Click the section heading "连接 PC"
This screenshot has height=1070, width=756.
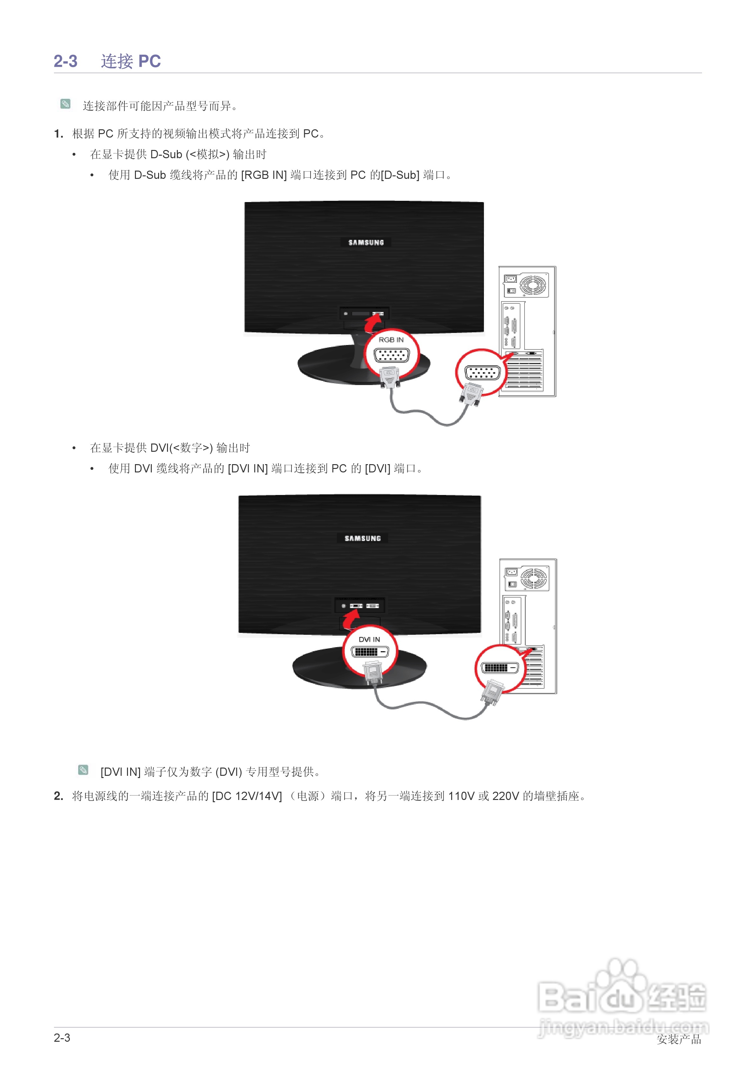pos(130,61)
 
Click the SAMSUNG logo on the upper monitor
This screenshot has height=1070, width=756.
pos(366,242)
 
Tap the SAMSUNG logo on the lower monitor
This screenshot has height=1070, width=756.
pos(362,538)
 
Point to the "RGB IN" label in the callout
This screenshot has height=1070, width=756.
pos(391,340)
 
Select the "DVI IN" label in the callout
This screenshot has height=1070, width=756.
pos(369,640)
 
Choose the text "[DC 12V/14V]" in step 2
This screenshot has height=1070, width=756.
pos(247,796)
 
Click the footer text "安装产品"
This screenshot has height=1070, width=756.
pos(679,1039)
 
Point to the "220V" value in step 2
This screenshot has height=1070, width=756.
pos(505,796)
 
